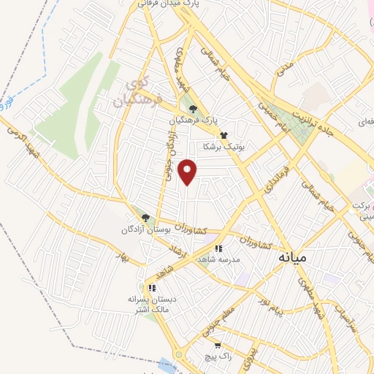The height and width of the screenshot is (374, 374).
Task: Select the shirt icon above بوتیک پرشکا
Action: point(224,135)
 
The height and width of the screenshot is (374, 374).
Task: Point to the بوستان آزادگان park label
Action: point(150,229)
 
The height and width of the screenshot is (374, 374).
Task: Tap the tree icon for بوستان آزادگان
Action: point(145,218)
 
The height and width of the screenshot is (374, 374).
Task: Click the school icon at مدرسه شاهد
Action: point(218,249)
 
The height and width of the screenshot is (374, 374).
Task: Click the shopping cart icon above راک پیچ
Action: point(217,344)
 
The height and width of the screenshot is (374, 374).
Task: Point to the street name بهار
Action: point(121,257)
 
